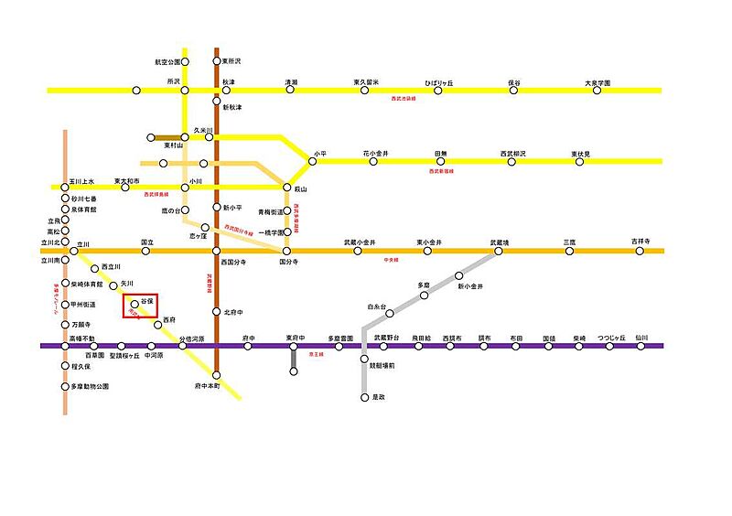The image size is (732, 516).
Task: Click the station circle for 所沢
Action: point(185,90)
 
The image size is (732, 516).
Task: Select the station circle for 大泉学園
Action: point(597,90)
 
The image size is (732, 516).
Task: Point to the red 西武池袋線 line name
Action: point(403,99)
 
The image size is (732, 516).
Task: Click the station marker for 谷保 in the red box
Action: point(135,304)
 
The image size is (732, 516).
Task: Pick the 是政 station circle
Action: point(364,398)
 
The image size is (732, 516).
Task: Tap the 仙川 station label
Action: point(640,338)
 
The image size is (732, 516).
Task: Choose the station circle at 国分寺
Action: point(286,251)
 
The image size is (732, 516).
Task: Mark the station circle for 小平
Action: point(312,161)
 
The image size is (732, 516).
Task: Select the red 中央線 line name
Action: point(392,260)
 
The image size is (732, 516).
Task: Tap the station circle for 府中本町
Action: point(217,374)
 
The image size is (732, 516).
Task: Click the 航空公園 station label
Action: point(167,62)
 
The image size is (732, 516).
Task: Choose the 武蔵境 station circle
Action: point(498,251)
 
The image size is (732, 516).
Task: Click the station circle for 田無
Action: point(440,161)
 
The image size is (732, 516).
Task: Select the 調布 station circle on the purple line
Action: point(484,346)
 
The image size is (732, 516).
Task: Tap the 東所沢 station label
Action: point(231,61)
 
